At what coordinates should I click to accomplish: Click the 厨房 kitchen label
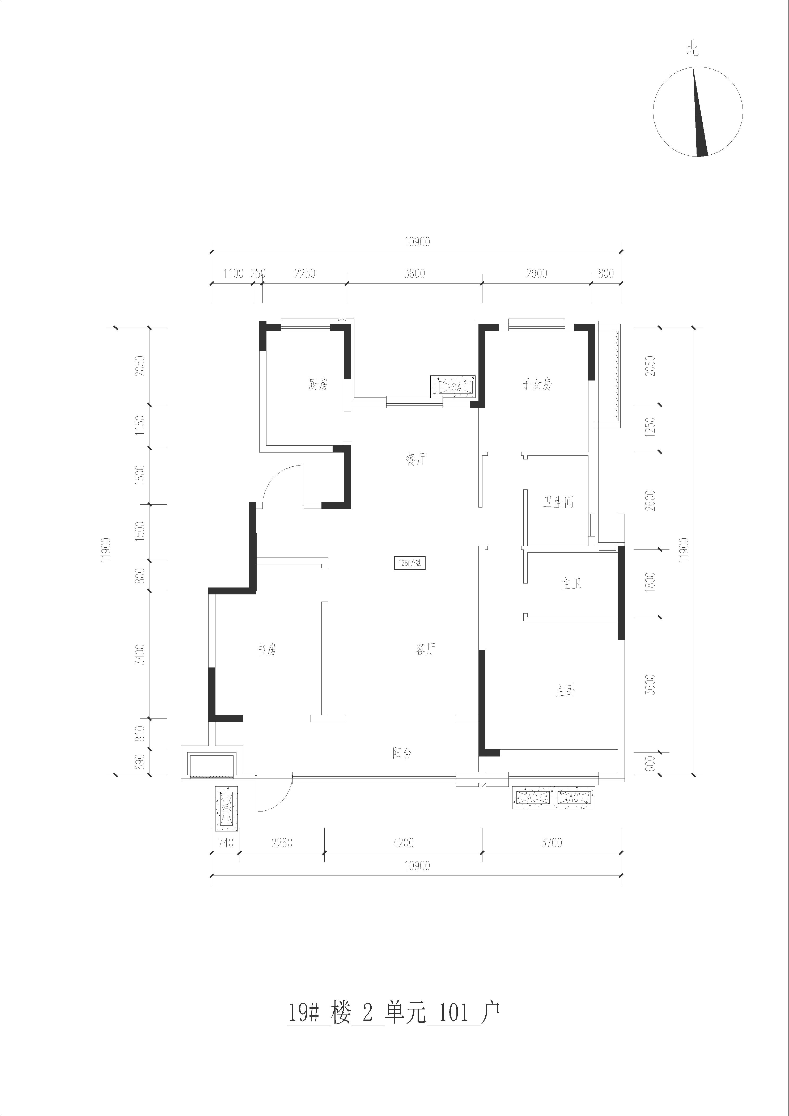pyautogui.click(x=318, y=385)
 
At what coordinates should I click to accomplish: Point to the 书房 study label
pyautogui.click(x=267, y=649)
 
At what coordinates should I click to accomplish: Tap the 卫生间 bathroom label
pyautogui.click(x=558, y=502)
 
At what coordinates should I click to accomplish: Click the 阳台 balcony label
pyautogui.click(x=402, y=753)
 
